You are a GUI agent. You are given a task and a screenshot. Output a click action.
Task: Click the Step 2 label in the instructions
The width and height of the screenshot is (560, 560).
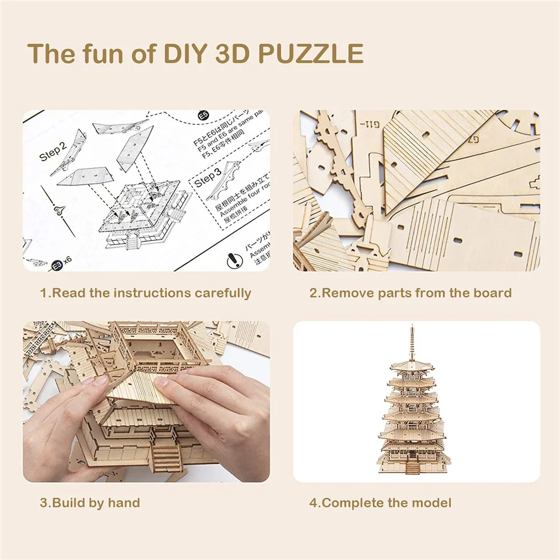point(53,151)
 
